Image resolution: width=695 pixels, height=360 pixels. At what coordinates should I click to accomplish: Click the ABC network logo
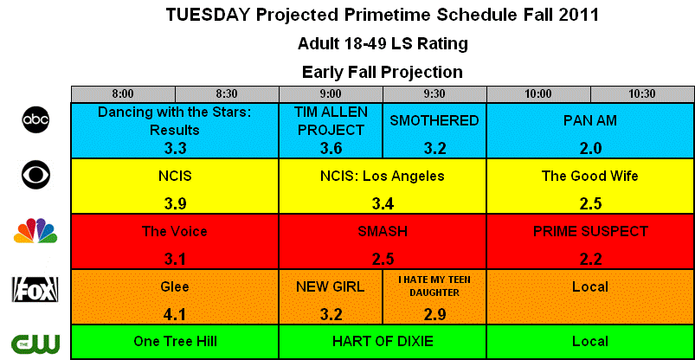(x=35, y=119)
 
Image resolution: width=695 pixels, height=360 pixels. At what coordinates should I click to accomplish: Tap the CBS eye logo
(x=35, y=175)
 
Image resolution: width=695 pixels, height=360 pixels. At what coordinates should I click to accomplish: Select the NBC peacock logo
(x=35, y=230)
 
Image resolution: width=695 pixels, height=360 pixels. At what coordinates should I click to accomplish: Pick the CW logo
(x=35, y=343)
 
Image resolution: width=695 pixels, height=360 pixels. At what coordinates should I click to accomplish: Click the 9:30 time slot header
(x=434, y=94)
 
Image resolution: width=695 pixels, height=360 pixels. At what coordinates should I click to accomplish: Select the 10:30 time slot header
(x=642, y=94)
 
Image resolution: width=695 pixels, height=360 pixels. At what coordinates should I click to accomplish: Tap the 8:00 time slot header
(x=123, y=94)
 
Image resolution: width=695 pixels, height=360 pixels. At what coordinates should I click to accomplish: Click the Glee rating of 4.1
(x=175, y=314)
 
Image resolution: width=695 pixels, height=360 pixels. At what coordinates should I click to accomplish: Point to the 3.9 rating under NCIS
(x=175, y=203)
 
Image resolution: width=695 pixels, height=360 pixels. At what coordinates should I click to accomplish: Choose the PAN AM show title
(x=590, y=120)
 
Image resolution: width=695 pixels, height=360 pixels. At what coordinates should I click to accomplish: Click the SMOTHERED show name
(x=434, y=120)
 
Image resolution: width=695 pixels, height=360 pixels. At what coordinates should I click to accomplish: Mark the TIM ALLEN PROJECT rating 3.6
(x=331, y=149)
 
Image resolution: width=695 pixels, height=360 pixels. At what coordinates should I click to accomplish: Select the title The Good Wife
(x=590, y=176)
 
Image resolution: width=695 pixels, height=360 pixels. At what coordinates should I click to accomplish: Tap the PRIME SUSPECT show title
(x=590, y=231)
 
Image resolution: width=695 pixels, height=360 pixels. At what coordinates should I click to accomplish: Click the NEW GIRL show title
(x=331, y=286)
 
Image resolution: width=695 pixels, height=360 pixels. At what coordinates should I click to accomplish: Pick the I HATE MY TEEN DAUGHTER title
(x=434, y=286)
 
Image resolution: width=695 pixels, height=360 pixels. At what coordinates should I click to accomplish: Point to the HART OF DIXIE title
(x=383, y=341)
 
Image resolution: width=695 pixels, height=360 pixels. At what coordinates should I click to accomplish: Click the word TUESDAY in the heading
(x=209, y=15)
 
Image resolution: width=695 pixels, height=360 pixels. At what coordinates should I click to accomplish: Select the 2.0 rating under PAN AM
(x=590, y=149)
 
